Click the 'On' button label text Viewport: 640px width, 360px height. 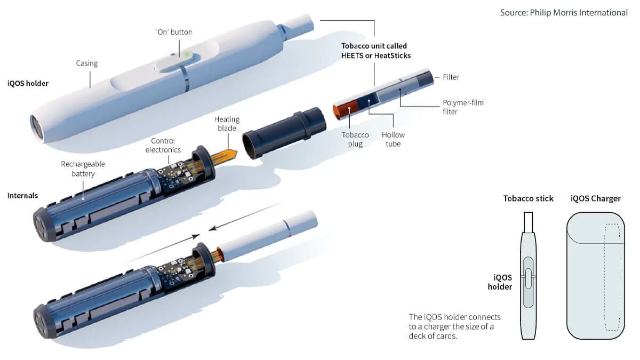174,32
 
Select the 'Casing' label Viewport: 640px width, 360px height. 86,63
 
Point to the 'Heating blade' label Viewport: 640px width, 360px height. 227,124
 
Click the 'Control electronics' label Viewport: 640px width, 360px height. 163,145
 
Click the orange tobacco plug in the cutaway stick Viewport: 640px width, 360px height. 343,110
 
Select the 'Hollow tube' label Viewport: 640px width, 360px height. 393,139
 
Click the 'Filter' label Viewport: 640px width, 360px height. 451,77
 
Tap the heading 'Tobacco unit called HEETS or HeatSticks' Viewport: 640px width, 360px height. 376,51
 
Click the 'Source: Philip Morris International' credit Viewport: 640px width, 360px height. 564,12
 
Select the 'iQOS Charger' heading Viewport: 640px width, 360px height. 595,198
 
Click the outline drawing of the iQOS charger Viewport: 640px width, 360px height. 595,276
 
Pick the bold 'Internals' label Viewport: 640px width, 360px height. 22,196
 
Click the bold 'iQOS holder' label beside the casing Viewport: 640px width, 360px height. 28,83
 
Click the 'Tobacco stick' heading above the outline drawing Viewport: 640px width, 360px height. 528,198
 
